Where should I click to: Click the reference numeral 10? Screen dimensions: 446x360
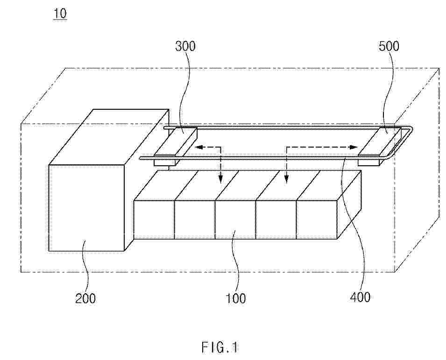[x=60, y=14]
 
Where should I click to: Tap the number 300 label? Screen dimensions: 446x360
[x=185, y=46]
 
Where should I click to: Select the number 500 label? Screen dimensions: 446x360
[x=389, y=46]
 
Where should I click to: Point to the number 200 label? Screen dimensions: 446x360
[x=85, y=298]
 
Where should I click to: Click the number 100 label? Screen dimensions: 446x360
[x=236, y=298]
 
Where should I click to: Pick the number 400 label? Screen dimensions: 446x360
[x=360, y=297]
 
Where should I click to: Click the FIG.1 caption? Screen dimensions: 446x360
[x=219, y=347]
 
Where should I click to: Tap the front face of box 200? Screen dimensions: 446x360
[x=87, y=208]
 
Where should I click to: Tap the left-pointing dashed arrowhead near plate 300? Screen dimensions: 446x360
[x=198, y=147]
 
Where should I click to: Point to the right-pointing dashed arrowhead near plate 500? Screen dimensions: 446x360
[x=354, y=147]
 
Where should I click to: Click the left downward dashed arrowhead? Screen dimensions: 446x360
[x=220, y=179]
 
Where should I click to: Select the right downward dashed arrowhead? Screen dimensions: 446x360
[x=286, y=178]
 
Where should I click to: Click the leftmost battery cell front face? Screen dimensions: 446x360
[x=154, y=219]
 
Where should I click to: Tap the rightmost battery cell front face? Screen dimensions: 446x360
[x=317, y=219]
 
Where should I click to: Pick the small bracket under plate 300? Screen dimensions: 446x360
[x=165, y=162]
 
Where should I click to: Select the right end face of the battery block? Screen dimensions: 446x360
[x=349, y=205]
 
